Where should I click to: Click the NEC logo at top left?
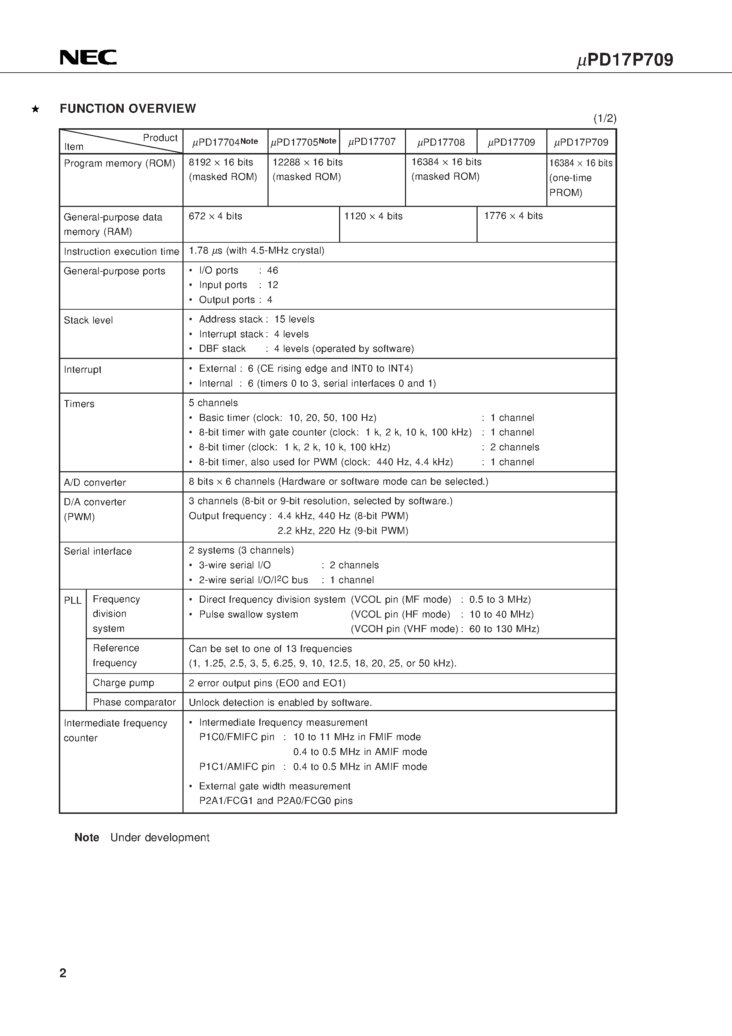(x=88, y=57)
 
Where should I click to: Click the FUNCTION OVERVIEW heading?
(x=128, y=109)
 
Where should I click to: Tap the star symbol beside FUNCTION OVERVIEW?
(x=35, y=109)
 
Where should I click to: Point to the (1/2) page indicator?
(x=604, y=119)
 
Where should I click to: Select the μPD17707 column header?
(x=372, y=142)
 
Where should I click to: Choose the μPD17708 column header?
(x=440, y=142)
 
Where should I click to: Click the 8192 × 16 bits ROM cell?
(x=221, y=162)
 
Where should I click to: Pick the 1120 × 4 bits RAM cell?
(x=373, y=216)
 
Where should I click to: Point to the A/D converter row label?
(x=95, y=482)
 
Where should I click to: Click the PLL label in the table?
(x=73, y=601)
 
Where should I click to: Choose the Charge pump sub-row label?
(x=123, y=683)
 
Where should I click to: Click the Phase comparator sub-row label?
(x=134, y=702)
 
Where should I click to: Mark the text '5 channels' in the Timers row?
(x=213, y=403)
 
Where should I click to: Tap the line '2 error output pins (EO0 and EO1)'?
(x=267, y=683)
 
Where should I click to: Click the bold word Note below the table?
(x=87, y=838)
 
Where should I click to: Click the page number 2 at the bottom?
(x=63, y=973)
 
